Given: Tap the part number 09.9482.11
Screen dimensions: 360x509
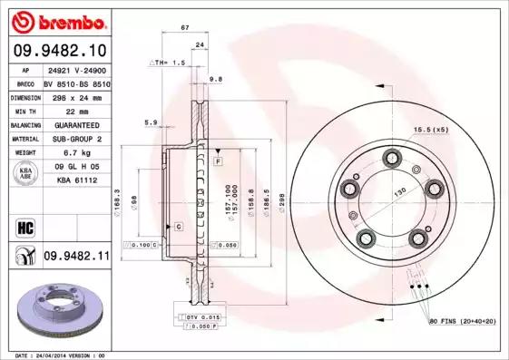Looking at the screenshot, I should [76, 257].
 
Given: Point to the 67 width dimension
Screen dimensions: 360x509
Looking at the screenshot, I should [185, 29].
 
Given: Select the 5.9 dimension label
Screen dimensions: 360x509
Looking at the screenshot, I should [151, 122].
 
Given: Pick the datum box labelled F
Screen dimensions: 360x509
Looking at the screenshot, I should [219, 161].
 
